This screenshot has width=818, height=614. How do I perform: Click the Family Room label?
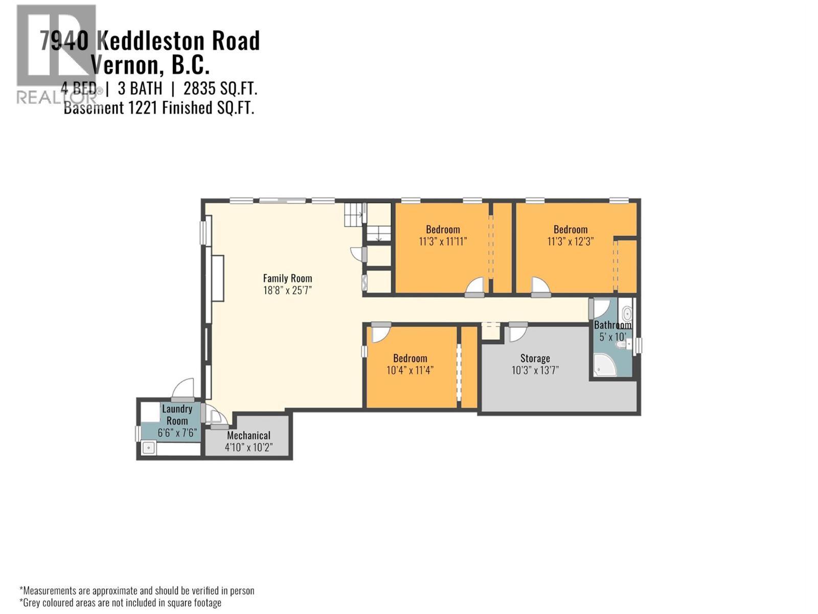(x=287, y=278)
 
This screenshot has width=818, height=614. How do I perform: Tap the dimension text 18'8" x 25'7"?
(x=287, y=291)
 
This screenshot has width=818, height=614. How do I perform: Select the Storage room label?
(x=535, y=358)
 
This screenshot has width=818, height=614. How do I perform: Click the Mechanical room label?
(x=248, y=435)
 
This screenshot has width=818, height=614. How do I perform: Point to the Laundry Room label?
(x=177, y=414)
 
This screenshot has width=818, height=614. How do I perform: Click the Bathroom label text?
(x=612, y=325)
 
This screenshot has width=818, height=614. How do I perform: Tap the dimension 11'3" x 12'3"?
(x=570, y=242)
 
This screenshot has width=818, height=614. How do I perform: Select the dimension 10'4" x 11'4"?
(x=410, y=370)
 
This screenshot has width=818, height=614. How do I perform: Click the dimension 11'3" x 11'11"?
(x=443, y=242)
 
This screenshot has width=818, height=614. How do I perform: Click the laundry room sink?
(x=148, y=448)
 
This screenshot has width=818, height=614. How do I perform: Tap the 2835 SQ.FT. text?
(x=220, y=89)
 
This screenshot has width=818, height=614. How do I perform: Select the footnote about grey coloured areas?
(x=121, y=603)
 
